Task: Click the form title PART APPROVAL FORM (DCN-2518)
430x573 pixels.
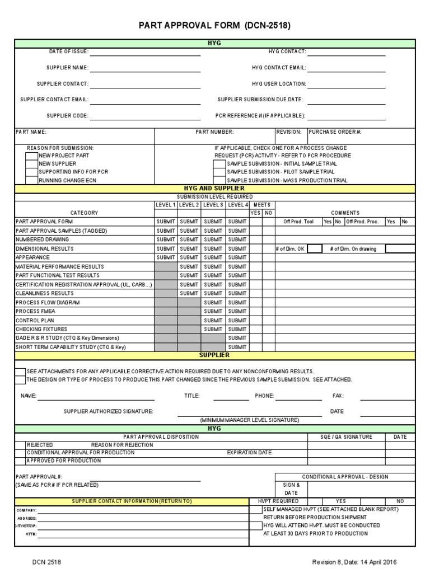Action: click(215, 26)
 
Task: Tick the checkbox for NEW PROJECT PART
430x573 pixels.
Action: click(31, 156)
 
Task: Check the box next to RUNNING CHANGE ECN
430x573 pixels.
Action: click(31, 181)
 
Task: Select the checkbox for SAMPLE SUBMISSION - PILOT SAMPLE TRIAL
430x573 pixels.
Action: click(219, 172)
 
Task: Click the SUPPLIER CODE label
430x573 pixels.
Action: click(67, 116)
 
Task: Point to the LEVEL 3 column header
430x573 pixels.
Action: click(213, 205)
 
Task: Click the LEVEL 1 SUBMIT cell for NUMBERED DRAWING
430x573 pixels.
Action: click(166, 239)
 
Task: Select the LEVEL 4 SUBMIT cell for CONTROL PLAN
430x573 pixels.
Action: click(237, 320)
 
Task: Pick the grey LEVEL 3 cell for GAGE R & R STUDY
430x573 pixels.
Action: click(213, 338)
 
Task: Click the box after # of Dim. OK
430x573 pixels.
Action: click(315, 248)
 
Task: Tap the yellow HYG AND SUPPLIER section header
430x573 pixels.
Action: click(215, 189)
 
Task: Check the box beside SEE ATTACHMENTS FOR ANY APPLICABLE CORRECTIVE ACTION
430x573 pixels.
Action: click(20, 372)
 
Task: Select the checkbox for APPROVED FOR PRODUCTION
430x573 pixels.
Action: click(20, 461)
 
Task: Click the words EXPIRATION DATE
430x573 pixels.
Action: click(249, 453)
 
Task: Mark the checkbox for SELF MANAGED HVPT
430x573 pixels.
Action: click(256, 510)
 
